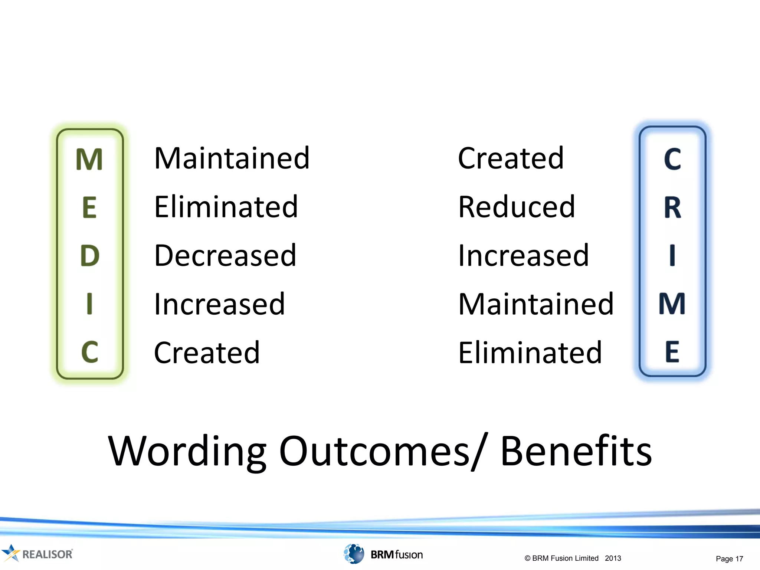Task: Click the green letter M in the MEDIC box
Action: coord(89,160)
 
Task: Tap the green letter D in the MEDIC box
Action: coord(90,256)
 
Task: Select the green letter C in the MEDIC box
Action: coord(90,352)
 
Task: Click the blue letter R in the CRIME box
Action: coord(672,208)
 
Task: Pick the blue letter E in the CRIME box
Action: coord(672,352)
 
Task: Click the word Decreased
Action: coord(225,256)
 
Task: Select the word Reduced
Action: coord(516,207)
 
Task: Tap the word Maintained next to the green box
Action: coord(232,158)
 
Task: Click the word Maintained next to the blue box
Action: coord(536,304)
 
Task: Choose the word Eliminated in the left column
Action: coord(226,207)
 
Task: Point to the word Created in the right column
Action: coord(511,158)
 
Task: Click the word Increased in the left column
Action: coord(219,304)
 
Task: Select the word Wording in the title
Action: coord(187,452)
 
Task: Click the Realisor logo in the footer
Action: coord(37,554)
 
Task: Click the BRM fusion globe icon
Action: coord(354,554)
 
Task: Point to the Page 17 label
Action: coord(729,558)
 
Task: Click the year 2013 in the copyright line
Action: coord(613,558)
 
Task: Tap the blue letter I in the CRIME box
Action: coord(672,256)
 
